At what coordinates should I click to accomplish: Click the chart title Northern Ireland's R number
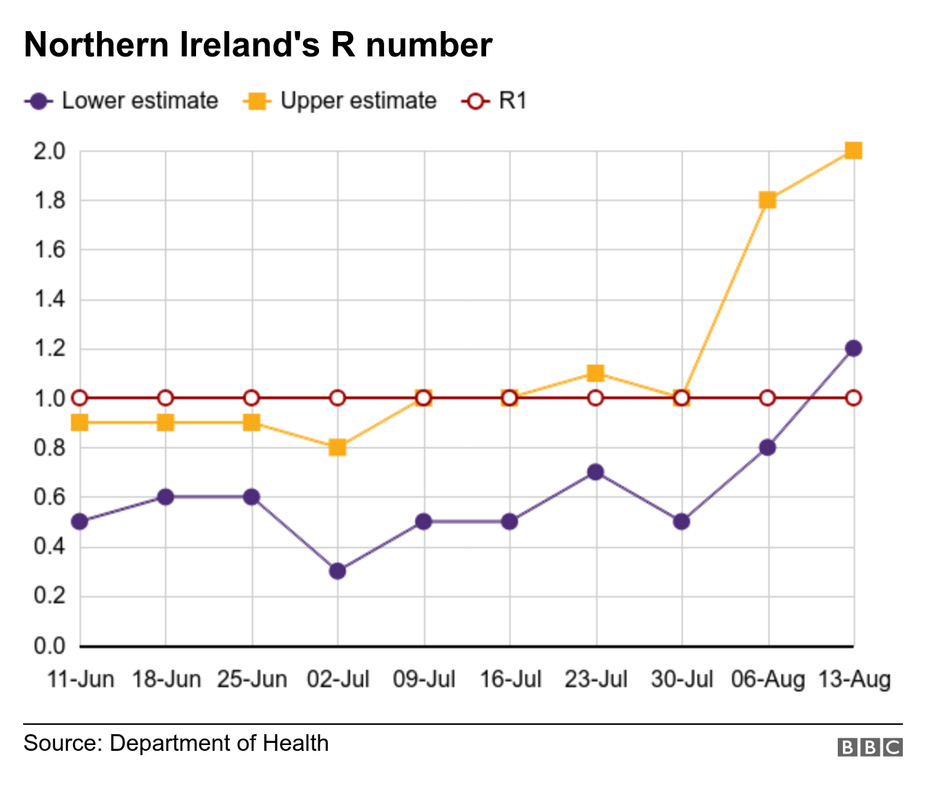[258, 45]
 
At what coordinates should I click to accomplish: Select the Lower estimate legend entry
[121, 101]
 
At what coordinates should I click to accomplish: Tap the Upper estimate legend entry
[340, 101]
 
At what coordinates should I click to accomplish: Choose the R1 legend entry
[494, 101]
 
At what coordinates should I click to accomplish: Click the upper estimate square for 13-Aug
[853, 150]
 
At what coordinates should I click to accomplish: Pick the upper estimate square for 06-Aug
[768, 200]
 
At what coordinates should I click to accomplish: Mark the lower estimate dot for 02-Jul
[337, 571]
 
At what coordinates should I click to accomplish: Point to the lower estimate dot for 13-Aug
[853, 348]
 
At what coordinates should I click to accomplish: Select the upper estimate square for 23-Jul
[595, 373]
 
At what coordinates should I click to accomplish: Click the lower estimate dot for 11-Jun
[80, 522]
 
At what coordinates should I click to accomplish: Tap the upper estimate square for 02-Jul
[337, 448]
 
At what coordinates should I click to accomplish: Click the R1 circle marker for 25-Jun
[251, 398]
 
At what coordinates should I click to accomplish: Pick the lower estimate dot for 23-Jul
[595, 472]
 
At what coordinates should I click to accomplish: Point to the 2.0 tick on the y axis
[49, 151]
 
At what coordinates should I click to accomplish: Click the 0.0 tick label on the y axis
[49, 645]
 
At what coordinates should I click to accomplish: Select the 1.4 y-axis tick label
[49, 299]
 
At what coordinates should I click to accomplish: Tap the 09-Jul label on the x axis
[424, 680]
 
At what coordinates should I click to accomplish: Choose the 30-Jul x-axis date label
[681, 680]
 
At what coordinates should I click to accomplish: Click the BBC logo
[870, 747]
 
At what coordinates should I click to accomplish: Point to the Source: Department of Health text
[176, 744]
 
